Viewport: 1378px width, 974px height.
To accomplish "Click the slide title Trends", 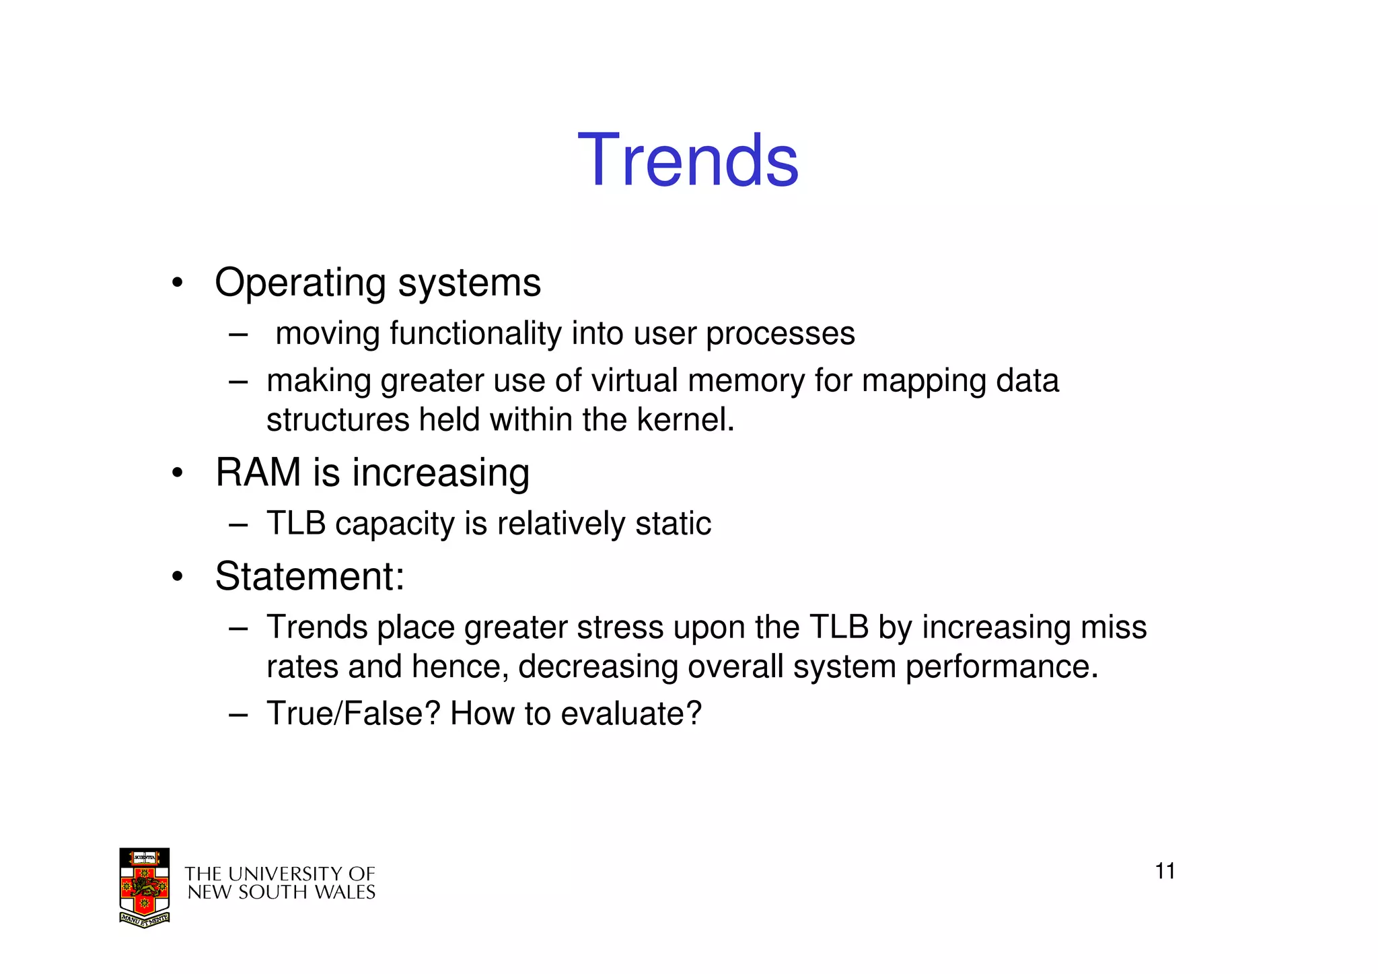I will [688, 160].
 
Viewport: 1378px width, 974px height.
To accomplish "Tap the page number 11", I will [1165, 871].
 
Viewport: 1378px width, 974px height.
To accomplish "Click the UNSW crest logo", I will [144, 888].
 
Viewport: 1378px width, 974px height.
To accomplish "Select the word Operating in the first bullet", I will [300, 283].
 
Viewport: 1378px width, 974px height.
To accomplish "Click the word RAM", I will [258, 472].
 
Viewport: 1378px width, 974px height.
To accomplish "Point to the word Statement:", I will [310, 576].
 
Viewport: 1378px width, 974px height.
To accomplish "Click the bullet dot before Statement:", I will [177, 577].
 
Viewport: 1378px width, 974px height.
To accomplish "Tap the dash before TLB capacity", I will [238, 524].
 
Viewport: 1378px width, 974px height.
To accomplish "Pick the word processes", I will [780, 334].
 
